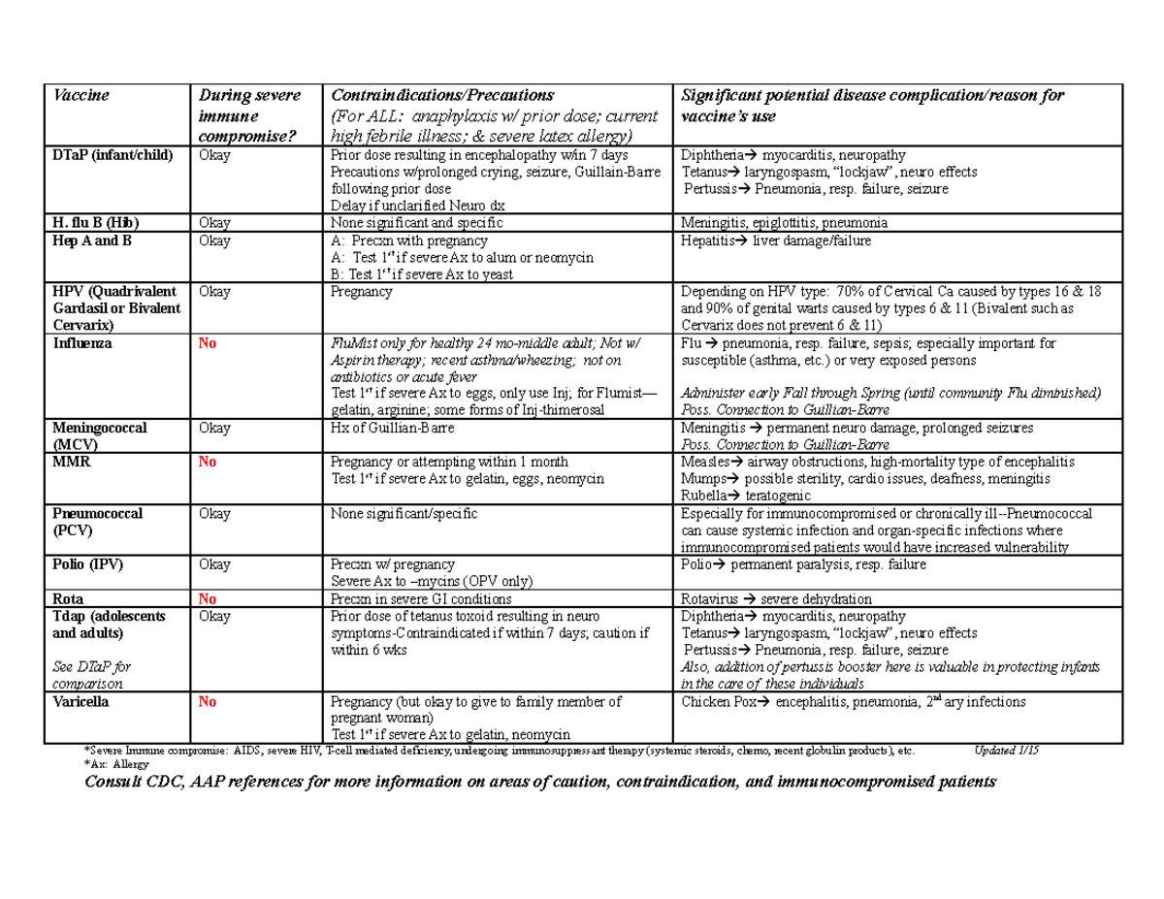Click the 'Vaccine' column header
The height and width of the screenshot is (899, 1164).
[x=81, y=96]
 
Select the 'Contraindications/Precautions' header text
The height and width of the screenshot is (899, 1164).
[x=442, y=96]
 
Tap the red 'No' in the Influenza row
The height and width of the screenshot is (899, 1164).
[x=207, y=343]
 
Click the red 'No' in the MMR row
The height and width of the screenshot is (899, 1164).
[x=207, y=462]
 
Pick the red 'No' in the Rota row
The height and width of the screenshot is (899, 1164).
[x=207, y=599]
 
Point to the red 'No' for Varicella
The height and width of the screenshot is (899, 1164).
[x=207, y=702]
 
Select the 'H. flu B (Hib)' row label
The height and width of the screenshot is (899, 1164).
[x=97, y=223]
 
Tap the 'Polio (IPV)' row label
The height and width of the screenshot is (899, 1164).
[x=89, y=564]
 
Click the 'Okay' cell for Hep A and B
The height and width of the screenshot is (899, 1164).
[x=214, y=241]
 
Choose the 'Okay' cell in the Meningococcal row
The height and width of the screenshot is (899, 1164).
[x=214, y=428]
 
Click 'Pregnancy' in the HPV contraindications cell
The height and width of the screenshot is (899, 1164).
[x=362, y=291]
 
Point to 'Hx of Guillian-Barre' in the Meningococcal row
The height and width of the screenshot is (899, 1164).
[x=391, y=428]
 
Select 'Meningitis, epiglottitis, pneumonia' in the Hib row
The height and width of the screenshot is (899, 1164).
[x=785, y=223]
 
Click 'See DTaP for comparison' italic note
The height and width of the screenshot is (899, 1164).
[x=95, y=675]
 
